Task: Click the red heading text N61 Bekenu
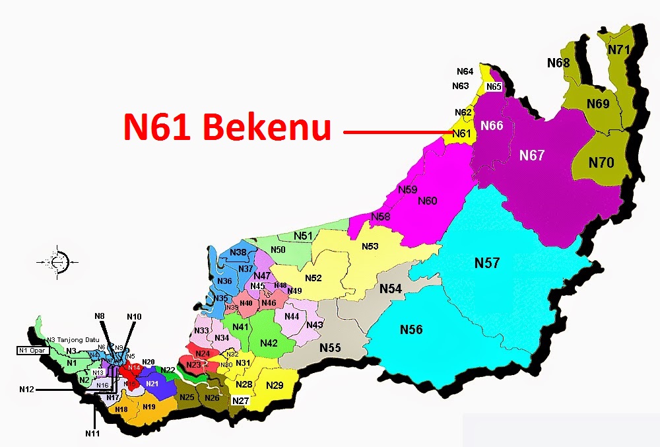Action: [x=227, y=127]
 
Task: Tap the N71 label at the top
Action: [x=619, y=50]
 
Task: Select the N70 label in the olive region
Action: [x=601, y=162]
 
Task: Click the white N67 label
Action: [x=532, y=155]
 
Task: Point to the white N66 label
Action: [x=492, y=125]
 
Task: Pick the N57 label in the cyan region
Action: [x=487, y=263]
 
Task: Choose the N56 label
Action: [x=411, y=329]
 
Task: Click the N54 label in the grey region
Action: [x=390, y=289]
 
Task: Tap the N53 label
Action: [x=370, y=246]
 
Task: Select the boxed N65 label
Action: [x=494, y=87]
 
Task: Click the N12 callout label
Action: [x=27, y=390]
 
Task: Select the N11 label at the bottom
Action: [x=92, y=433]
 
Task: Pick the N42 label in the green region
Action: [x=269, y=343]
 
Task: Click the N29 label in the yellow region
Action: [x=275, y=385]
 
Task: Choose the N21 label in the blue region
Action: [x=152, y=384]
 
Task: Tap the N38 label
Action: [x=238, y=253]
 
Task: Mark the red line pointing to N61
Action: [x=396, y=133]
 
